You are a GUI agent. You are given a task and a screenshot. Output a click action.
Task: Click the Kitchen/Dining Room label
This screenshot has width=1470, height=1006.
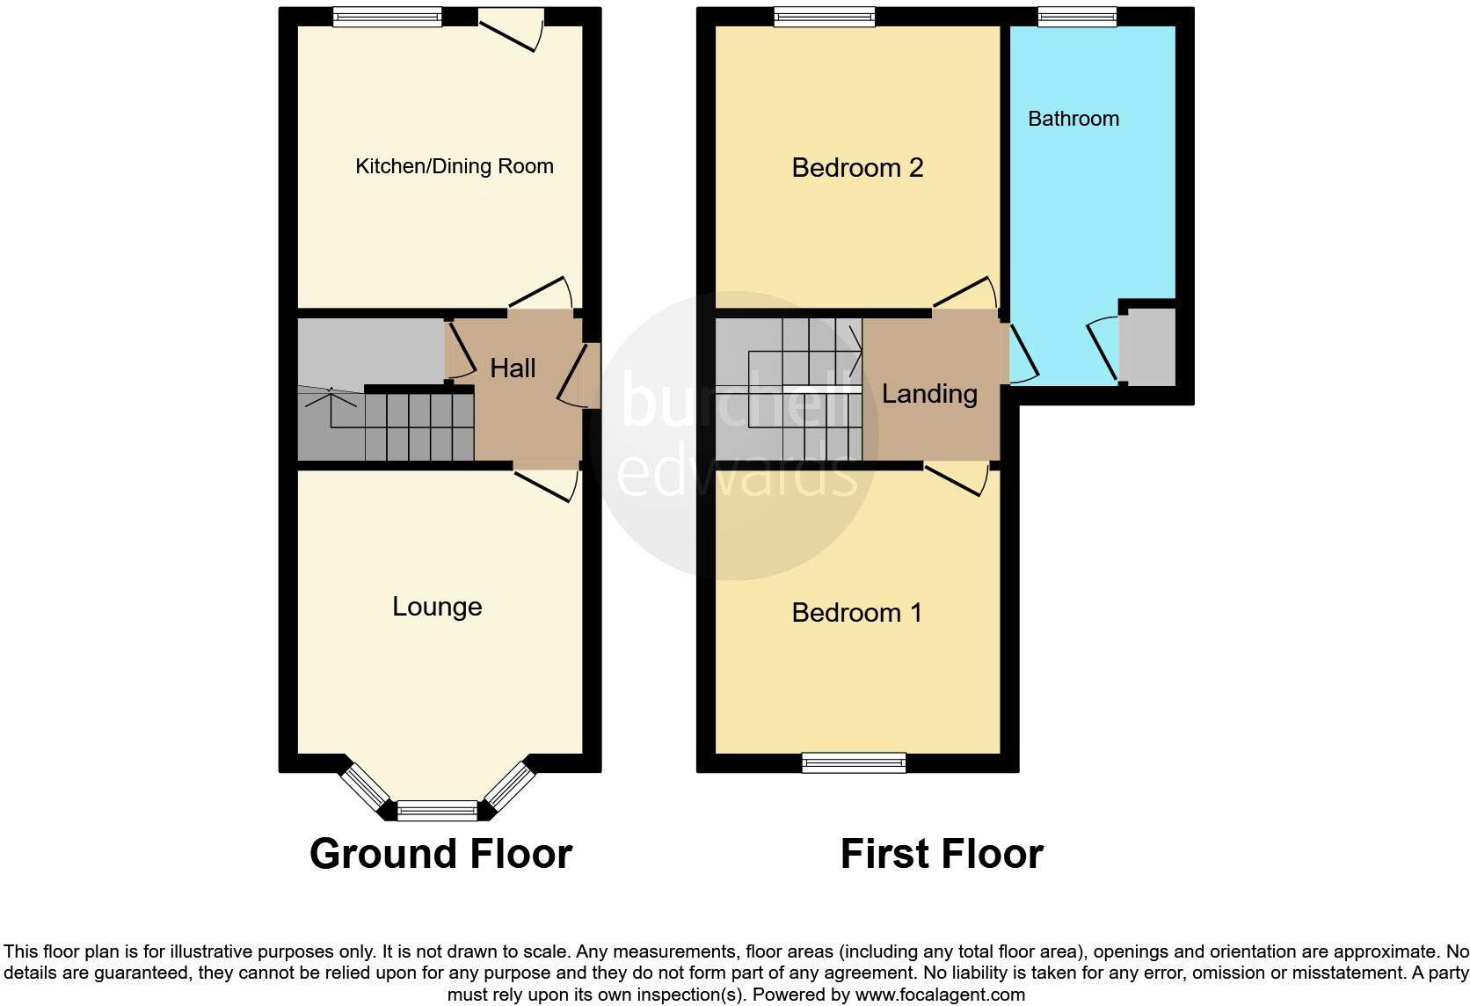[x=454, y=166]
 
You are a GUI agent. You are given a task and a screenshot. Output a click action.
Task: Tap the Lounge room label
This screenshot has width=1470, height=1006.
[x=437, y=607]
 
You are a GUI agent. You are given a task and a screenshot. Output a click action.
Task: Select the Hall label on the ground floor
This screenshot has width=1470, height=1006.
[x=513, y=368]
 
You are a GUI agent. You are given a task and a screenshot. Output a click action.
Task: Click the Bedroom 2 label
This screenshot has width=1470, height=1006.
[x=857, y=167]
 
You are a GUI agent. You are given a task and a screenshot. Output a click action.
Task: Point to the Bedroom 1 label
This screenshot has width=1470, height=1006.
[x=857, y=612]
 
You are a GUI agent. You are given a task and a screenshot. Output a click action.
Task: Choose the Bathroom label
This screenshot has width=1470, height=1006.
[x=1073, y=119]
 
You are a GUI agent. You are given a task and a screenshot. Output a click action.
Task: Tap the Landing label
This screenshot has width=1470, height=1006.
[x=929, y=393]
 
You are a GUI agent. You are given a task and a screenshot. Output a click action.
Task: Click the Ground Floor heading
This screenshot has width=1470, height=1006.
[x=440, y=854]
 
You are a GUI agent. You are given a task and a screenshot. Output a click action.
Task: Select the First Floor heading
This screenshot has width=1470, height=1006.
[x=942, y=854]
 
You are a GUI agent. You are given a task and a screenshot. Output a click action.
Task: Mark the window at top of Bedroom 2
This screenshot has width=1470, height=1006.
[x=825, y=16]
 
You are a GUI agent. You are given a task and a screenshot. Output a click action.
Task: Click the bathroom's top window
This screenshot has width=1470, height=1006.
[x=1077, y=16]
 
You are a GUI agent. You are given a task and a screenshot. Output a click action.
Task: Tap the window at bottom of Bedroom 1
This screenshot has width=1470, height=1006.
[x=853, y=762]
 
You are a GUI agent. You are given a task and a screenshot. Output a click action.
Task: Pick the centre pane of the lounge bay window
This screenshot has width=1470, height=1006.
[x=437, y=811]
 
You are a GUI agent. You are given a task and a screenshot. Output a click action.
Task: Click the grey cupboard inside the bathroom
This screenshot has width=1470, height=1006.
[x=1151, y=346]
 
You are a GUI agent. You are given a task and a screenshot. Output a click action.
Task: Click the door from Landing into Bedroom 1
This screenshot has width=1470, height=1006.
[x=958, y=479]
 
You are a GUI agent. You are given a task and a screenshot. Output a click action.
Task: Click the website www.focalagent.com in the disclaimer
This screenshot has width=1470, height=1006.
[x=939, y=995]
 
